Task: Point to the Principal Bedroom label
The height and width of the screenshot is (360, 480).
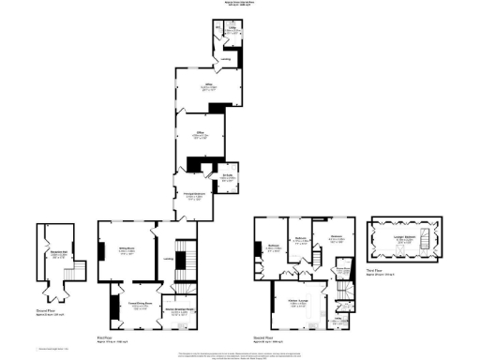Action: [187, 196]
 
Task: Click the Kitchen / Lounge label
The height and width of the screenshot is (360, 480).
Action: [299, 304]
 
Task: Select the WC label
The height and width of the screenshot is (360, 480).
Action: [217, 29]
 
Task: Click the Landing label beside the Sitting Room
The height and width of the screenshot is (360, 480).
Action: [170, 260]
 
